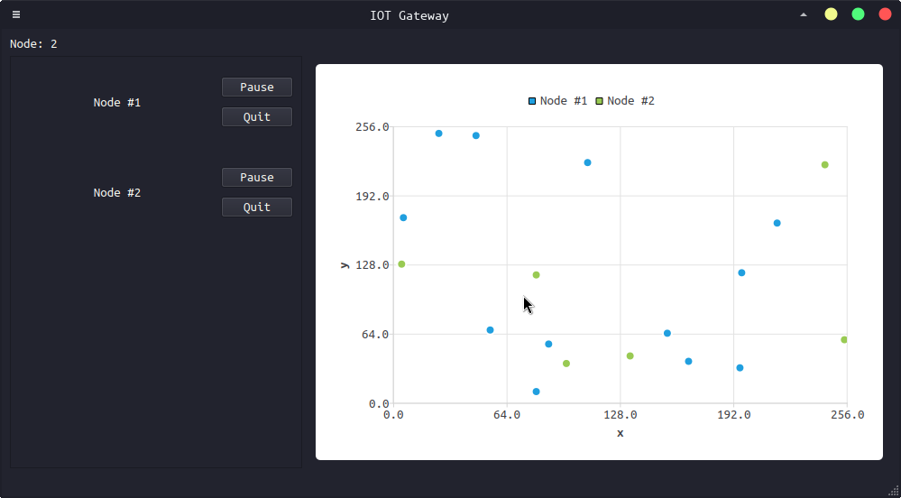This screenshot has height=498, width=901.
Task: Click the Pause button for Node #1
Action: click(x=257, y=88)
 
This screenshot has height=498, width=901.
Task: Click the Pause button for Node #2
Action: click(x=257, y=178)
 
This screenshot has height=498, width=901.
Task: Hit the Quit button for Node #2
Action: click(x=257, y=207)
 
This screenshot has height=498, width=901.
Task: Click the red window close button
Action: click(x=885, y=14)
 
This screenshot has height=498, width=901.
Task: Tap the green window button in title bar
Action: click(x=858, y=14)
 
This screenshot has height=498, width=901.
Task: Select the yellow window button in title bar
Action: click(x=831, y=14)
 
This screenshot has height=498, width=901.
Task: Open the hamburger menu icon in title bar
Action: click(x=16, y=14)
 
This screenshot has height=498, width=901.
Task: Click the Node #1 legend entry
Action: click(x=558, y=101)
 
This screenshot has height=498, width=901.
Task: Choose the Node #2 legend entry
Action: click(x=625, y=101)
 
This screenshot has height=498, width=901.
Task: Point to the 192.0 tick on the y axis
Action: click(x=372, y=196)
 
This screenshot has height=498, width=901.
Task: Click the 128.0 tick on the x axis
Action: click(x=621, y=415)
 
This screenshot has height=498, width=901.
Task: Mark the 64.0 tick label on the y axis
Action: click(x=372, y=335)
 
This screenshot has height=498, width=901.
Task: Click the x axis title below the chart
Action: click(x=621, y=433)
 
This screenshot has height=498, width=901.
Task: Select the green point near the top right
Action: click(x=824, y=165)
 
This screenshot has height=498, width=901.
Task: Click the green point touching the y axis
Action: click(x=401, y=264)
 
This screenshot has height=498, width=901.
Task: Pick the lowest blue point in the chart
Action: click(x=536, y=392)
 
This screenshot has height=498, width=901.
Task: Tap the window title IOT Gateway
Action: click(x=409, y=15)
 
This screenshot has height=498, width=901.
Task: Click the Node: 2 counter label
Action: click(x=33, y=43)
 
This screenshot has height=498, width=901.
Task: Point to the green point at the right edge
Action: click(x=844, y=340)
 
